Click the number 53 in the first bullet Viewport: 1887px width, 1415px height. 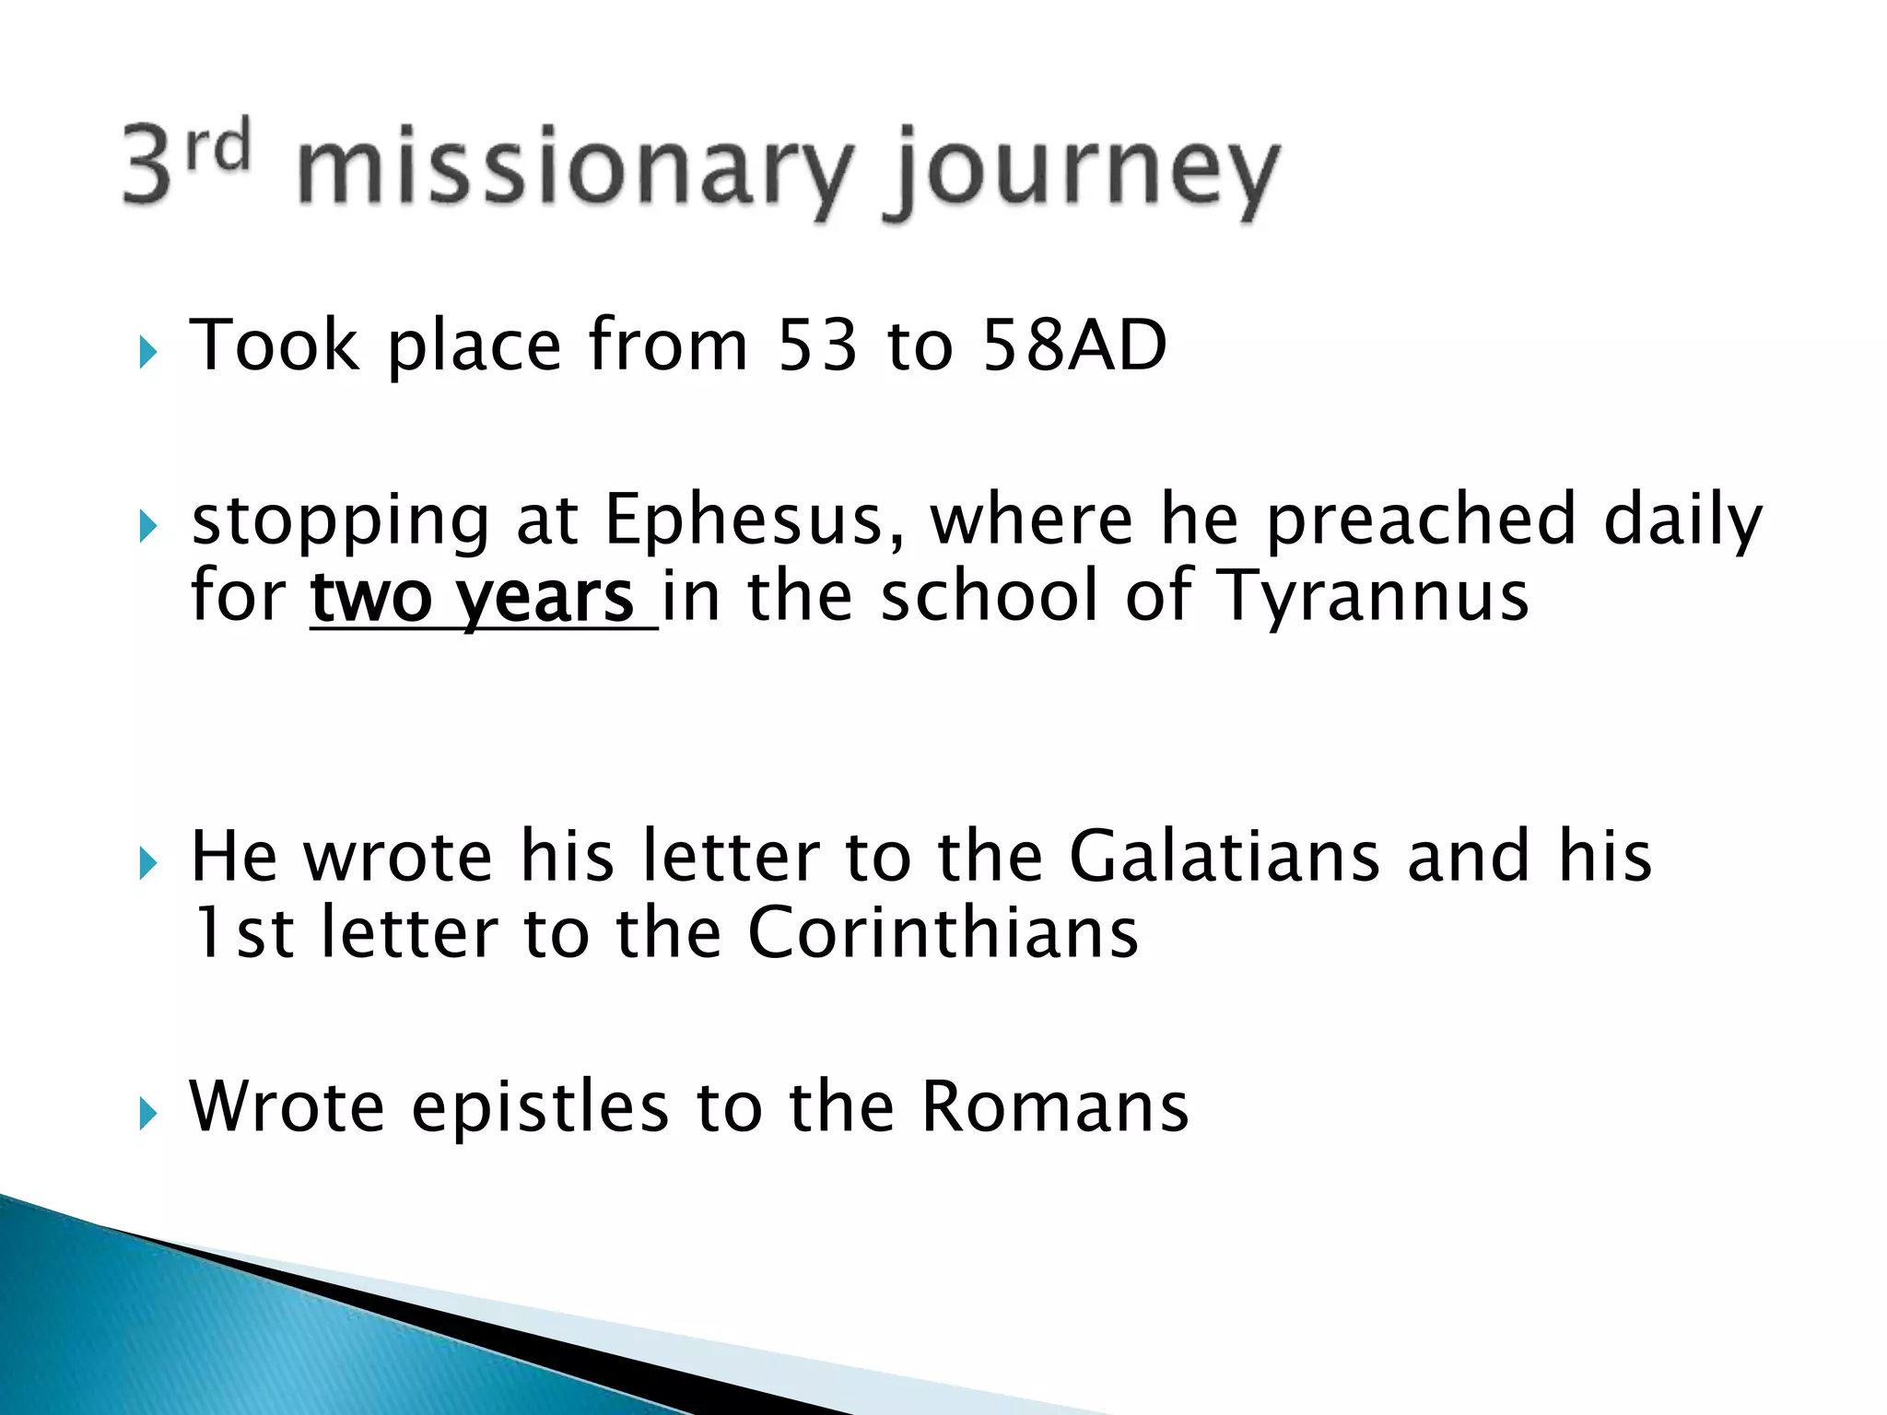[x=816, y=345]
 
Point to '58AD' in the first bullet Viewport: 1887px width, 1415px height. [x=1074, y=345]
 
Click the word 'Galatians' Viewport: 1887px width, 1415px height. [x=1225, y=856]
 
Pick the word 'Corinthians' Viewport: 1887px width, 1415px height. [x=943, y=932]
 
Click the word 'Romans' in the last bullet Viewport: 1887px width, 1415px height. [x=1055, y=1105]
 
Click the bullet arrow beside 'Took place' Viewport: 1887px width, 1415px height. [x=147, y=351]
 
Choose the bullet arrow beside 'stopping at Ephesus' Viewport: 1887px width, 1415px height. [x=147, y=527]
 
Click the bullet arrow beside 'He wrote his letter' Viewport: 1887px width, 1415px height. [x=147, y=863]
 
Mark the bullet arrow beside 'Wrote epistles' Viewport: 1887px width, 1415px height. [x=147, y=1113]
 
